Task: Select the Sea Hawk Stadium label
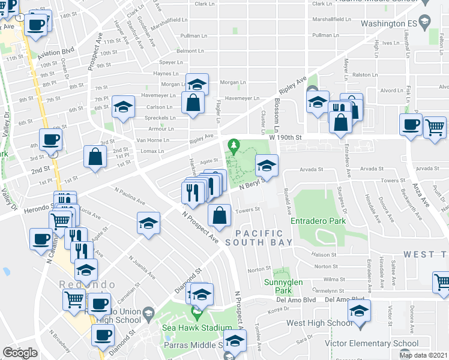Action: point(196,328)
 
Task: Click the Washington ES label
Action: point(389,23)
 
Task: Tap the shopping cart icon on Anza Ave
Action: point(435,126)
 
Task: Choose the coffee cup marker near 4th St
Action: point(50,139)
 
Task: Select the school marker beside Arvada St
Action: point(267,165)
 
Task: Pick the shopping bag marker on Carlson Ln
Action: point(194,103)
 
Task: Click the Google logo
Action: point(20,353)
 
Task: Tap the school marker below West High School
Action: point(360,310)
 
